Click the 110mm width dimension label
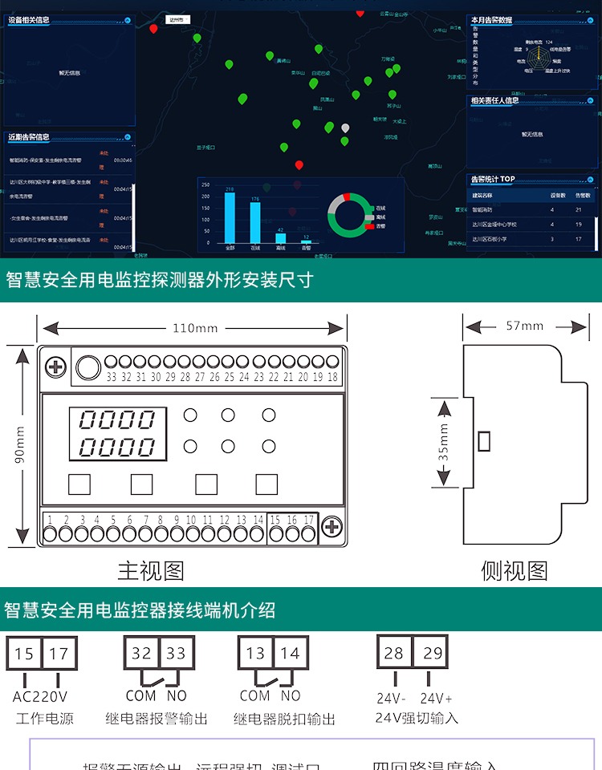(x=195, y=328)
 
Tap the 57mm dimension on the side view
(x=525, y=326)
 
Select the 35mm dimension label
(x=444, y=442)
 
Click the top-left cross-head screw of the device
(x=56, y=368)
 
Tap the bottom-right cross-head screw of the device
(x=332, y=527)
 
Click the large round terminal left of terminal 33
(x=86, y=367)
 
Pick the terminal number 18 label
(x=332, y=377)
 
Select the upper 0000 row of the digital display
(x=117, y=419)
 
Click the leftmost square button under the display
(x=79, y=484)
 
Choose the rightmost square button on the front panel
(x=266, y=484)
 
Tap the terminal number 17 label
(x=308, y=521)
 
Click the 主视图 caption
(x=151, y=570)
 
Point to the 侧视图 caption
(x=515, y=570)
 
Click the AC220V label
(x=40, y=695)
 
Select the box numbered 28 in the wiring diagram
(x=394, y=653)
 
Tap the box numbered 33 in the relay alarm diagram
(x=176, y=654)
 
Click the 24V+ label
(x=437, y=698)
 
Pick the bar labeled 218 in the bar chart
(x=230, y=217)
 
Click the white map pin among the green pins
(x=345, y=128)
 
